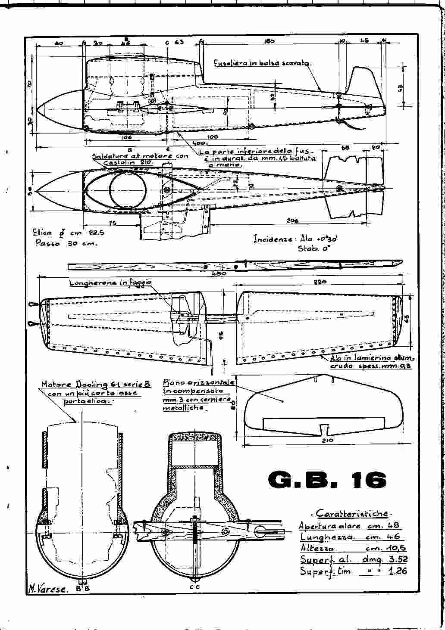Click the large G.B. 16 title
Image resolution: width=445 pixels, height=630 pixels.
click(x=327, y=480)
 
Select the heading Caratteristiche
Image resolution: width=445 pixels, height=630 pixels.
click(x=352, y=513)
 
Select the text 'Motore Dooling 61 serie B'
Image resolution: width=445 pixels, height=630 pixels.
click(x=96, y=384)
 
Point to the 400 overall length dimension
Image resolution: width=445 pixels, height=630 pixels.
click(x=200, y=143)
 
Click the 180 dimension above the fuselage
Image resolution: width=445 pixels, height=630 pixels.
click(x=269, y=42)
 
